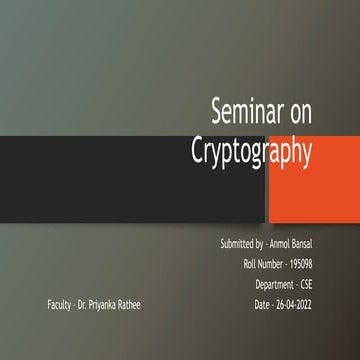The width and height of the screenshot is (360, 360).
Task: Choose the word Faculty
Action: [58, 303]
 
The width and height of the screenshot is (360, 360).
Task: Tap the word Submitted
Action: [237, 244]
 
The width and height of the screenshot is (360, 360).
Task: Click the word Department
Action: [273, 283]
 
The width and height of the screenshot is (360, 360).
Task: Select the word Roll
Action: [250, 264]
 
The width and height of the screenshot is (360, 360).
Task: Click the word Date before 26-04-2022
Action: [263, 303]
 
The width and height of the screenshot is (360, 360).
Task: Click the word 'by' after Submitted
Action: [259, 244]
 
